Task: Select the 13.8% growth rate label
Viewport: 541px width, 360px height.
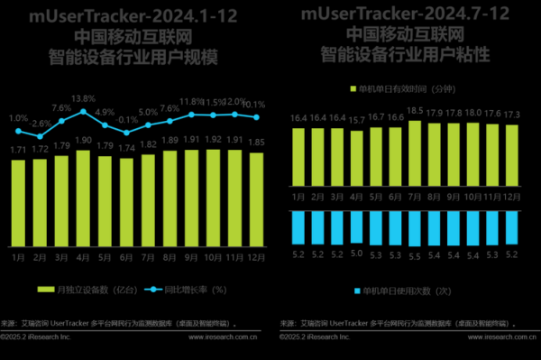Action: (x=83, y=98)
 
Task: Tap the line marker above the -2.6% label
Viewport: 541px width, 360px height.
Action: (x=40, y=135)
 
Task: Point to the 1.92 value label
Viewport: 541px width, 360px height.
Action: (x=213, y=140)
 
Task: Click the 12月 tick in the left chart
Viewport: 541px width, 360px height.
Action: (x=255, y=256)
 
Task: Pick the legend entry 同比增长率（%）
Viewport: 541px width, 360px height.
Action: (x=188, y=290)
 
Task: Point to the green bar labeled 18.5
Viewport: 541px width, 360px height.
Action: (x=415, y=153)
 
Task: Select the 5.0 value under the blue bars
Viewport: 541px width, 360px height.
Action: (x=356, y=254)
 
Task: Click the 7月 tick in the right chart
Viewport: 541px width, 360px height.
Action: (x=415, y=196)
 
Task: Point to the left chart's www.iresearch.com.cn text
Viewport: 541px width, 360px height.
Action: (x=225, y=337)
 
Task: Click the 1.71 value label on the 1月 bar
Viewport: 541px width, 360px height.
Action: (x=18, y=150)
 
